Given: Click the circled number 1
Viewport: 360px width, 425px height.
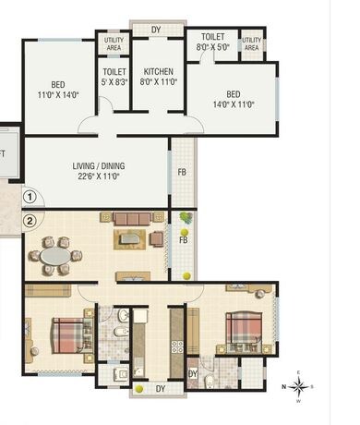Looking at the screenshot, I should coord(30,196).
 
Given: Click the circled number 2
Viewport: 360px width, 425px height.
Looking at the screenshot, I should coord(30,220).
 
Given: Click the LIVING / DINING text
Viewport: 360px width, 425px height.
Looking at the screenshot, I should coord(99,166).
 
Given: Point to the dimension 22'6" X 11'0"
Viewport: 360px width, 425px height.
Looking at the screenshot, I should coord(99,176).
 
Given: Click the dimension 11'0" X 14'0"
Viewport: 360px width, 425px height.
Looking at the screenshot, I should coord(58,95).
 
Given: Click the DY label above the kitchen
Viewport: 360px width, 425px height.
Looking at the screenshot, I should coord(156,30).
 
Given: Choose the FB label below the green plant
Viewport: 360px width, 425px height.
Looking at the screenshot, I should coord(183,240).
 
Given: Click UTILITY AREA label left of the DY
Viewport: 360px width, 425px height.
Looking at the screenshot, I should coord(114,42).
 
